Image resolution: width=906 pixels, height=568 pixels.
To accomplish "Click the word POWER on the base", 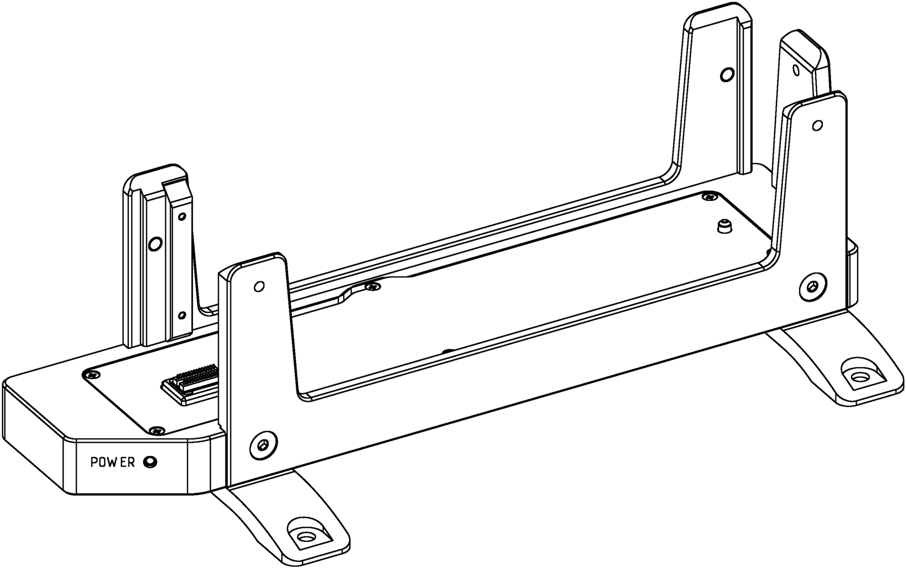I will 113,462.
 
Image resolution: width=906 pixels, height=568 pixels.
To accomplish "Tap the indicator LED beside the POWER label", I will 151,462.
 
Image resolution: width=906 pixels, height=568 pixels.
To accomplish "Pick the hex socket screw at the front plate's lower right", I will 813,287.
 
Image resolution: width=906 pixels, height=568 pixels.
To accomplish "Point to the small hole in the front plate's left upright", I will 258,287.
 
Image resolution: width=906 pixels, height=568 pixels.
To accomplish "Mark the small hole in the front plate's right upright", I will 817,125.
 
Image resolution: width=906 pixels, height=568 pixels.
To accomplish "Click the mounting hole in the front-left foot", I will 304,537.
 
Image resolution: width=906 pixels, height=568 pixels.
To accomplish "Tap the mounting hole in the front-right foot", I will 859,377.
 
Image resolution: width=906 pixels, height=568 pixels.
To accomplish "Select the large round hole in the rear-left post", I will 155,244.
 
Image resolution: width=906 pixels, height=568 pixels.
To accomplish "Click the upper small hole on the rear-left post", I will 183,216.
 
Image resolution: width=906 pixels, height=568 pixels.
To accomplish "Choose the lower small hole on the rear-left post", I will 182,316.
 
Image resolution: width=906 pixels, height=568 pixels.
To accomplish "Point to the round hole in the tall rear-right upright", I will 726,74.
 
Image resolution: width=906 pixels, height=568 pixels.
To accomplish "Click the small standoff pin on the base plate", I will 724,227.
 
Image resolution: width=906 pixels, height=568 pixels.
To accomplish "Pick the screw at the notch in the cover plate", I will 373,287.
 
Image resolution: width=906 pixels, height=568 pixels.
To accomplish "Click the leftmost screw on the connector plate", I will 93,374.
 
